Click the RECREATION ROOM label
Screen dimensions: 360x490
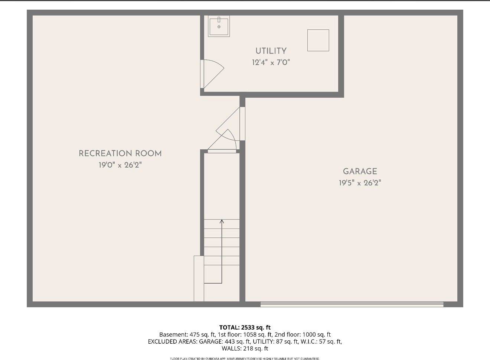coord(120,153)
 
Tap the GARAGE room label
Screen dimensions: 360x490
coord(360,171)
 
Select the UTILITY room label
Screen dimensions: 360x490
coord(271,51)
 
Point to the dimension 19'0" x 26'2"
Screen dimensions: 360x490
coord(120,165)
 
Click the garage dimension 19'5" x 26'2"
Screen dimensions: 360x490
coord(360,183)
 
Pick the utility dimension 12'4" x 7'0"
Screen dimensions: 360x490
coord(271,62)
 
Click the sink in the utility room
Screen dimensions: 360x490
coord(219,26)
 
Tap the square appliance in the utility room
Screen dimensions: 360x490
coord(318,40)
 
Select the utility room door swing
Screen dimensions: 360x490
coord(212,73)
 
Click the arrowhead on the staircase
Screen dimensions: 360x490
coord(222,221)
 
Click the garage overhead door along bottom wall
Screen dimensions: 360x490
coord(352,304)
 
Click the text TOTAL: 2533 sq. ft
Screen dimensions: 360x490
coord(245,327)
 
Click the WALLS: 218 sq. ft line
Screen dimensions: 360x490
coord(245,348)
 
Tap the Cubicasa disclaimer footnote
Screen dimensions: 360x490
coord(245,359)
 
